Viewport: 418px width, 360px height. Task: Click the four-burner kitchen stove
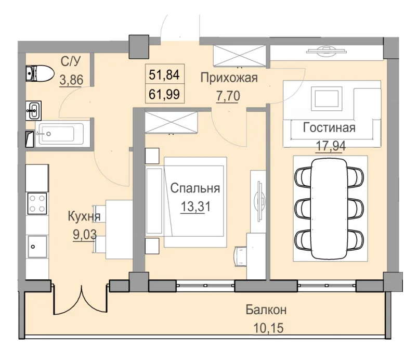37,203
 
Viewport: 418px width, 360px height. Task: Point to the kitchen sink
37,245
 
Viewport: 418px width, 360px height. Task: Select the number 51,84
164,75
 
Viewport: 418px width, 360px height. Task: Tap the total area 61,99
164,94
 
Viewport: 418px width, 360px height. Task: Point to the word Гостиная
329,128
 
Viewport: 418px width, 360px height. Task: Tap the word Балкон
266,311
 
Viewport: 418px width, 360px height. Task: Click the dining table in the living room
330,208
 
